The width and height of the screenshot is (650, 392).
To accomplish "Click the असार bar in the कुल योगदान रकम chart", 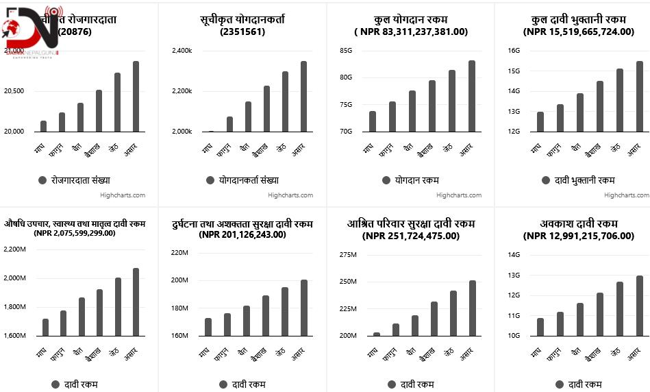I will pos(472,96).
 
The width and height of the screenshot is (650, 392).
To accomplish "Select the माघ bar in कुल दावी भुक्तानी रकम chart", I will pos(540,121).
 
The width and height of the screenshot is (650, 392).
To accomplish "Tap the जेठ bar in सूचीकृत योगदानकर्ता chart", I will pos(285,101).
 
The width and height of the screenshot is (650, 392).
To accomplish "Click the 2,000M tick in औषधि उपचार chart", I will pos(14,278).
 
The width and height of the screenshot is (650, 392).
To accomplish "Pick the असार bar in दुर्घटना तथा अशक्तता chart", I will pos(303,308).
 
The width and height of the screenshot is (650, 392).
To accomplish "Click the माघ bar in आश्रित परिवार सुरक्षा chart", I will pos(377,334).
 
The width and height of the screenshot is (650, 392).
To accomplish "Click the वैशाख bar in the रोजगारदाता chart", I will pos(99,110).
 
